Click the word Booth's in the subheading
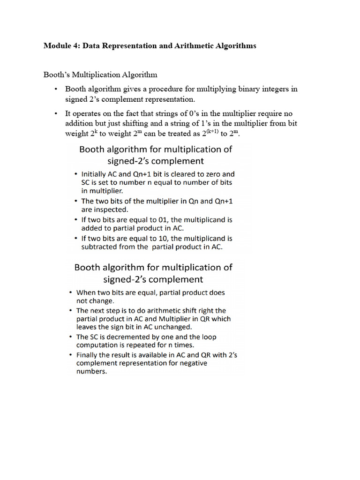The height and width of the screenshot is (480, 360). tap(58, 75)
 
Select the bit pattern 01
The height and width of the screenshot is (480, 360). tap(165, 219)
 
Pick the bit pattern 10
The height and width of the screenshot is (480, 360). tap(165, 238)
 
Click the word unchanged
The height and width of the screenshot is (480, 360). tap(172, 327)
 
